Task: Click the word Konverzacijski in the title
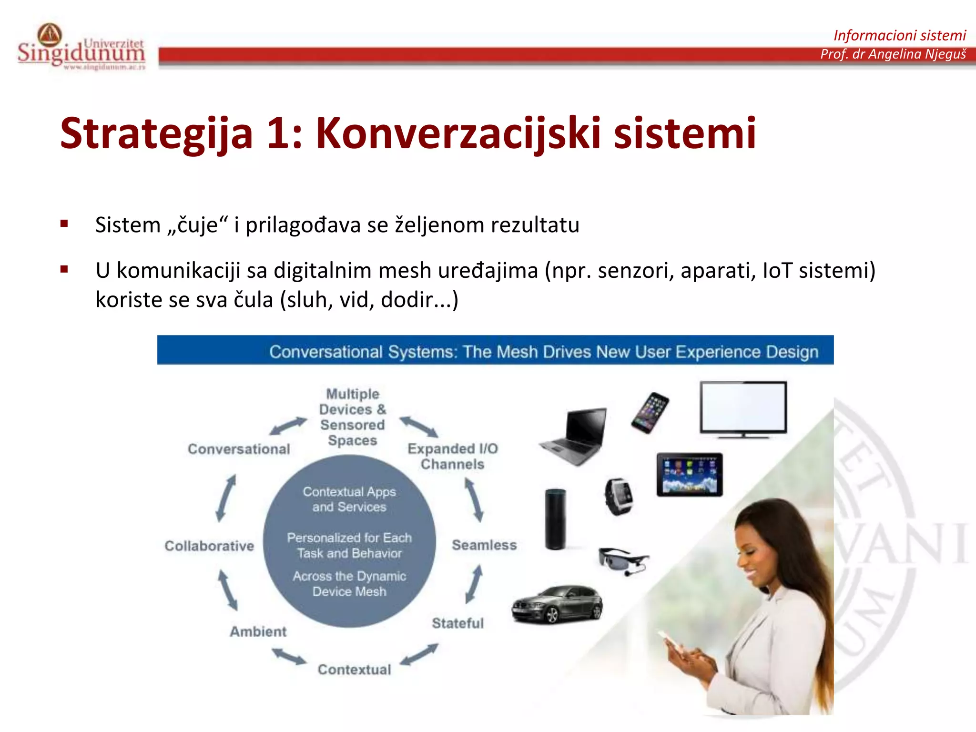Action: [x=457, y=133]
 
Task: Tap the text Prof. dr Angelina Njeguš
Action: [x=893, y=54]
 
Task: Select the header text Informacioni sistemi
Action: [x=899, y=35]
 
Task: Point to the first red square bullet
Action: [x=64, y=224]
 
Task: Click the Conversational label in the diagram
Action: [x=239, y=449]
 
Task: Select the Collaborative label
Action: [x=209, y=546]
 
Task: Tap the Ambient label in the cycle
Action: [x=258, y=631]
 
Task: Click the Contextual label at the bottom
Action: [x=354, y=670]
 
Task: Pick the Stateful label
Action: [x=457, y=623]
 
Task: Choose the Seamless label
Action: [x=484, y=545]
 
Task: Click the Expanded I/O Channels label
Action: [x=452, y=456]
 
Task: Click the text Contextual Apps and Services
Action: [x=349, y=499]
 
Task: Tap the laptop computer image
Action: [x=574, y=436]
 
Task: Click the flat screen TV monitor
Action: [x=743, y=409]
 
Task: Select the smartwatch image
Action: [x=619, y=496]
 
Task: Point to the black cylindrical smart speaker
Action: [x=555, y=518]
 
